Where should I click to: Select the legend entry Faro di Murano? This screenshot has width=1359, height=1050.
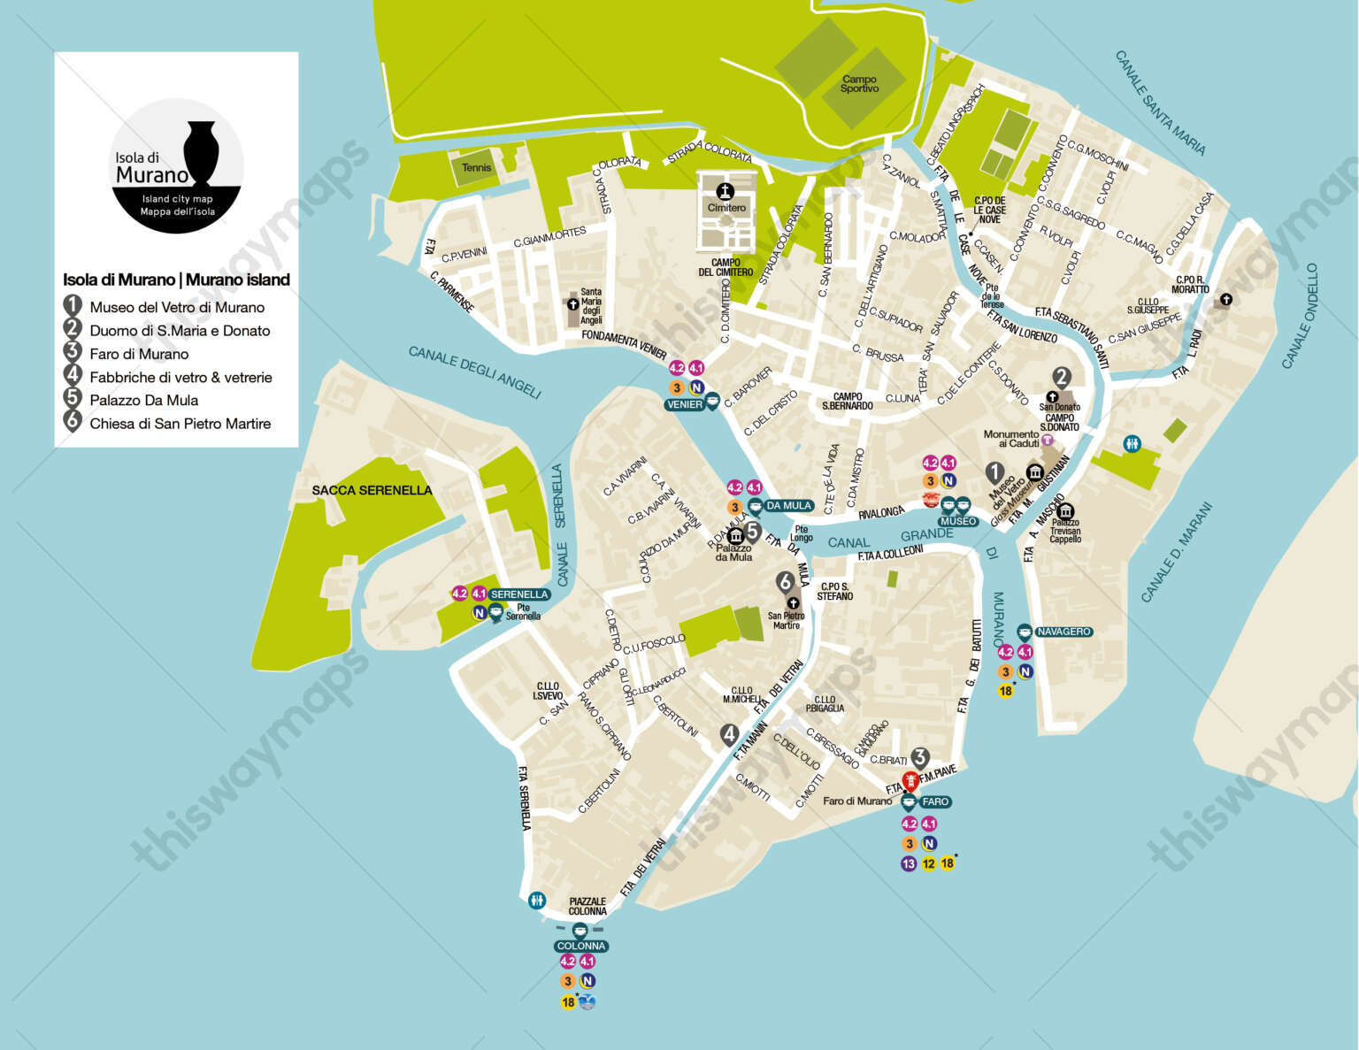[x=139, y=354]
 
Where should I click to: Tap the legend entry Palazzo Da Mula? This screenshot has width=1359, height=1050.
[x=143, y=400]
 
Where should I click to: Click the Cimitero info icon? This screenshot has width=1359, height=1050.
[x=726, y=190]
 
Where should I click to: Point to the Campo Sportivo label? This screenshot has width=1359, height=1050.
[x=859, y=84]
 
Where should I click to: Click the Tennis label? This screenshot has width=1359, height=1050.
[x=476, y=167]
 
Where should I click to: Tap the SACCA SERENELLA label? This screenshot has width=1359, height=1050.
[x=372, y=490]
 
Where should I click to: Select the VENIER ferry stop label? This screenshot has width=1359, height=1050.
[x=685, y=404]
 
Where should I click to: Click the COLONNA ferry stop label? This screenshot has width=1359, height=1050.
[x=581, y=947]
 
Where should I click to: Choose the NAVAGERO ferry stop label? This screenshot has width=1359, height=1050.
[x=1063, y=632]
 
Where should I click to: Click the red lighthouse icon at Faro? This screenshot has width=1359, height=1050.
[x=909, y=783]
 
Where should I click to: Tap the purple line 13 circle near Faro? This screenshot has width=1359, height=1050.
[x=909, y=863]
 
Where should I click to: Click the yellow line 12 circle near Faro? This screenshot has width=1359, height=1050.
[x=928, y=863]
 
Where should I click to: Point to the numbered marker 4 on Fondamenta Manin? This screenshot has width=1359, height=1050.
[x=729, y=734]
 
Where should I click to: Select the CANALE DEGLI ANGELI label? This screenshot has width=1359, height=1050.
[x=474, y=372]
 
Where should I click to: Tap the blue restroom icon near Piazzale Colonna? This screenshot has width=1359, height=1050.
[x=537, y=901]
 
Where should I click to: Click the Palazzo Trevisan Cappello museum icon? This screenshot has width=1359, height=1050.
[x=1065, y=511]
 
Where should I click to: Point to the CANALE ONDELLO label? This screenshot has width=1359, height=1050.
[x=1301, y=316]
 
